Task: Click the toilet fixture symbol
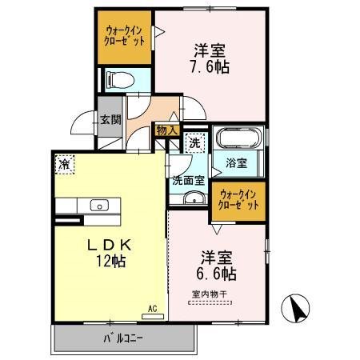coord(120,80)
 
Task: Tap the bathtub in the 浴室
coord(238,138)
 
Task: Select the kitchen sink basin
coord(99,206)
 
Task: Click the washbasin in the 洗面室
coord(194,198)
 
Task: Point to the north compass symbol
coord(296,308)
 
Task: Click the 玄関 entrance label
coord(110,120)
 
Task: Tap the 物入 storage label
coord(167,130)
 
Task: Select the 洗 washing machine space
coord(195,143)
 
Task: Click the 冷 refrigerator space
coord(65,164)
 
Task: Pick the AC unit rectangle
coord(153,317)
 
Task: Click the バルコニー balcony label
coord(123,338)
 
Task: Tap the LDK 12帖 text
coord(110,253)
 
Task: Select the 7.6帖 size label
coord(210,67)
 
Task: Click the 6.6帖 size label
coord(216,274)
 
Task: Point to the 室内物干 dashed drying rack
coord(210,302)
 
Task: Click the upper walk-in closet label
coord(124,36)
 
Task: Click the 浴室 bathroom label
coord(237,163)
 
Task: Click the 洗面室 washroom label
coord(189,181)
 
